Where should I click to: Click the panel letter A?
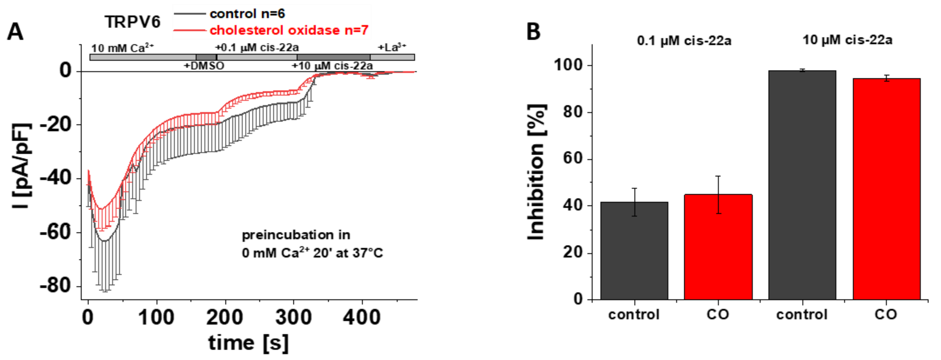15,32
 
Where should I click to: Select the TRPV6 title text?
133,22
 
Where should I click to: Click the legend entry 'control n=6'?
247,14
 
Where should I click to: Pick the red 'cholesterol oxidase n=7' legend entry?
289,30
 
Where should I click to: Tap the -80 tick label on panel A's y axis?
55,286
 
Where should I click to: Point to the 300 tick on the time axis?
293,317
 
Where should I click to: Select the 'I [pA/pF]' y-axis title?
22,166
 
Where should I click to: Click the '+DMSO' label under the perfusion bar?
204,66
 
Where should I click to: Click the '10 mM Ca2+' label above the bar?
123,48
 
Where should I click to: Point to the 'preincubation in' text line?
296,235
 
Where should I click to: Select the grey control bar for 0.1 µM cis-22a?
635,252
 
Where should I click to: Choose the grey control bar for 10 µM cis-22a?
802,186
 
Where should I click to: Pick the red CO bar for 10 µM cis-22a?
886,190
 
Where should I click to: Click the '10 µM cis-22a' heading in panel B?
847,39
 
